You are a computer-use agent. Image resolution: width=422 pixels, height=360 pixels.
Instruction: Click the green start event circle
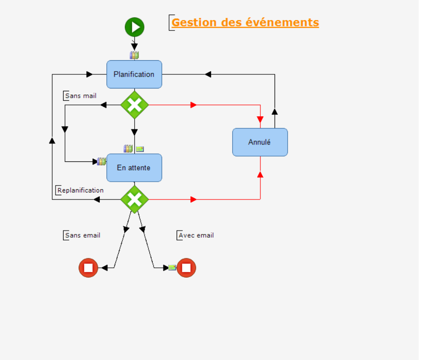click(134, 27)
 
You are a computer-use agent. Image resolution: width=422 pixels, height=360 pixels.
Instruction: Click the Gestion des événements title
click(245, 22)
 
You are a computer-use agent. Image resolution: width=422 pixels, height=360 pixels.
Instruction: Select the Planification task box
click(134, 74)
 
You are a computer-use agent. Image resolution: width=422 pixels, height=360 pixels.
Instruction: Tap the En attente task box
click(134, 168)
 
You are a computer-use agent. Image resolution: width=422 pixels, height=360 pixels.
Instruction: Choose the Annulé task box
click(260, 142)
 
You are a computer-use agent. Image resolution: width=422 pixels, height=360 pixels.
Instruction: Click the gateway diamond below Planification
click(134, 105)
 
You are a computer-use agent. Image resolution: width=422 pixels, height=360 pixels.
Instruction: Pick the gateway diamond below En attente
click(134, 199)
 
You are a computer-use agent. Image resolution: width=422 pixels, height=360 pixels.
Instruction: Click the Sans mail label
click(81, 96)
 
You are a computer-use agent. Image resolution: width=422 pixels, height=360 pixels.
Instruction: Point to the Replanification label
click(80, 190)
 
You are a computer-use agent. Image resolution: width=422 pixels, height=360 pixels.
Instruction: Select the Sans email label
click(82, 235)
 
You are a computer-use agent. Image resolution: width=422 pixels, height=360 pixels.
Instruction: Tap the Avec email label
click(196, 235)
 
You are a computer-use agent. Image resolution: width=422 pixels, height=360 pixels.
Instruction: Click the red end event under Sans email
click(88, 268)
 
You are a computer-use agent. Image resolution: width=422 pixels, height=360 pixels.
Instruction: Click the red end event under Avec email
click(186, 268)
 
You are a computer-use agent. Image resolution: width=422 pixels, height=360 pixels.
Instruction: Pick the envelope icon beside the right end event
click(172, 268)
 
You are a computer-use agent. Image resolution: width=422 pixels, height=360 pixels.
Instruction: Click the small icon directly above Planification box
click(134, 56)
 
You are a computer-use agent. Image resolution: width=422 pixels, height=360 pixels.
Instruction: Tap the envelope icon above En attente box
click(140, 149)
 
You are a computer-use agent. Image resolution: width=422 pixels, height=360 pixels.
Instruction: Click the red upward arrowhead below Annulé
click(260, 175)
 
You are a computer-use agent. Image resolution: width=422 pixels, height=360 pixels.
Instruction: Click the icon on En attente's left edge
click(101, 161)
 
